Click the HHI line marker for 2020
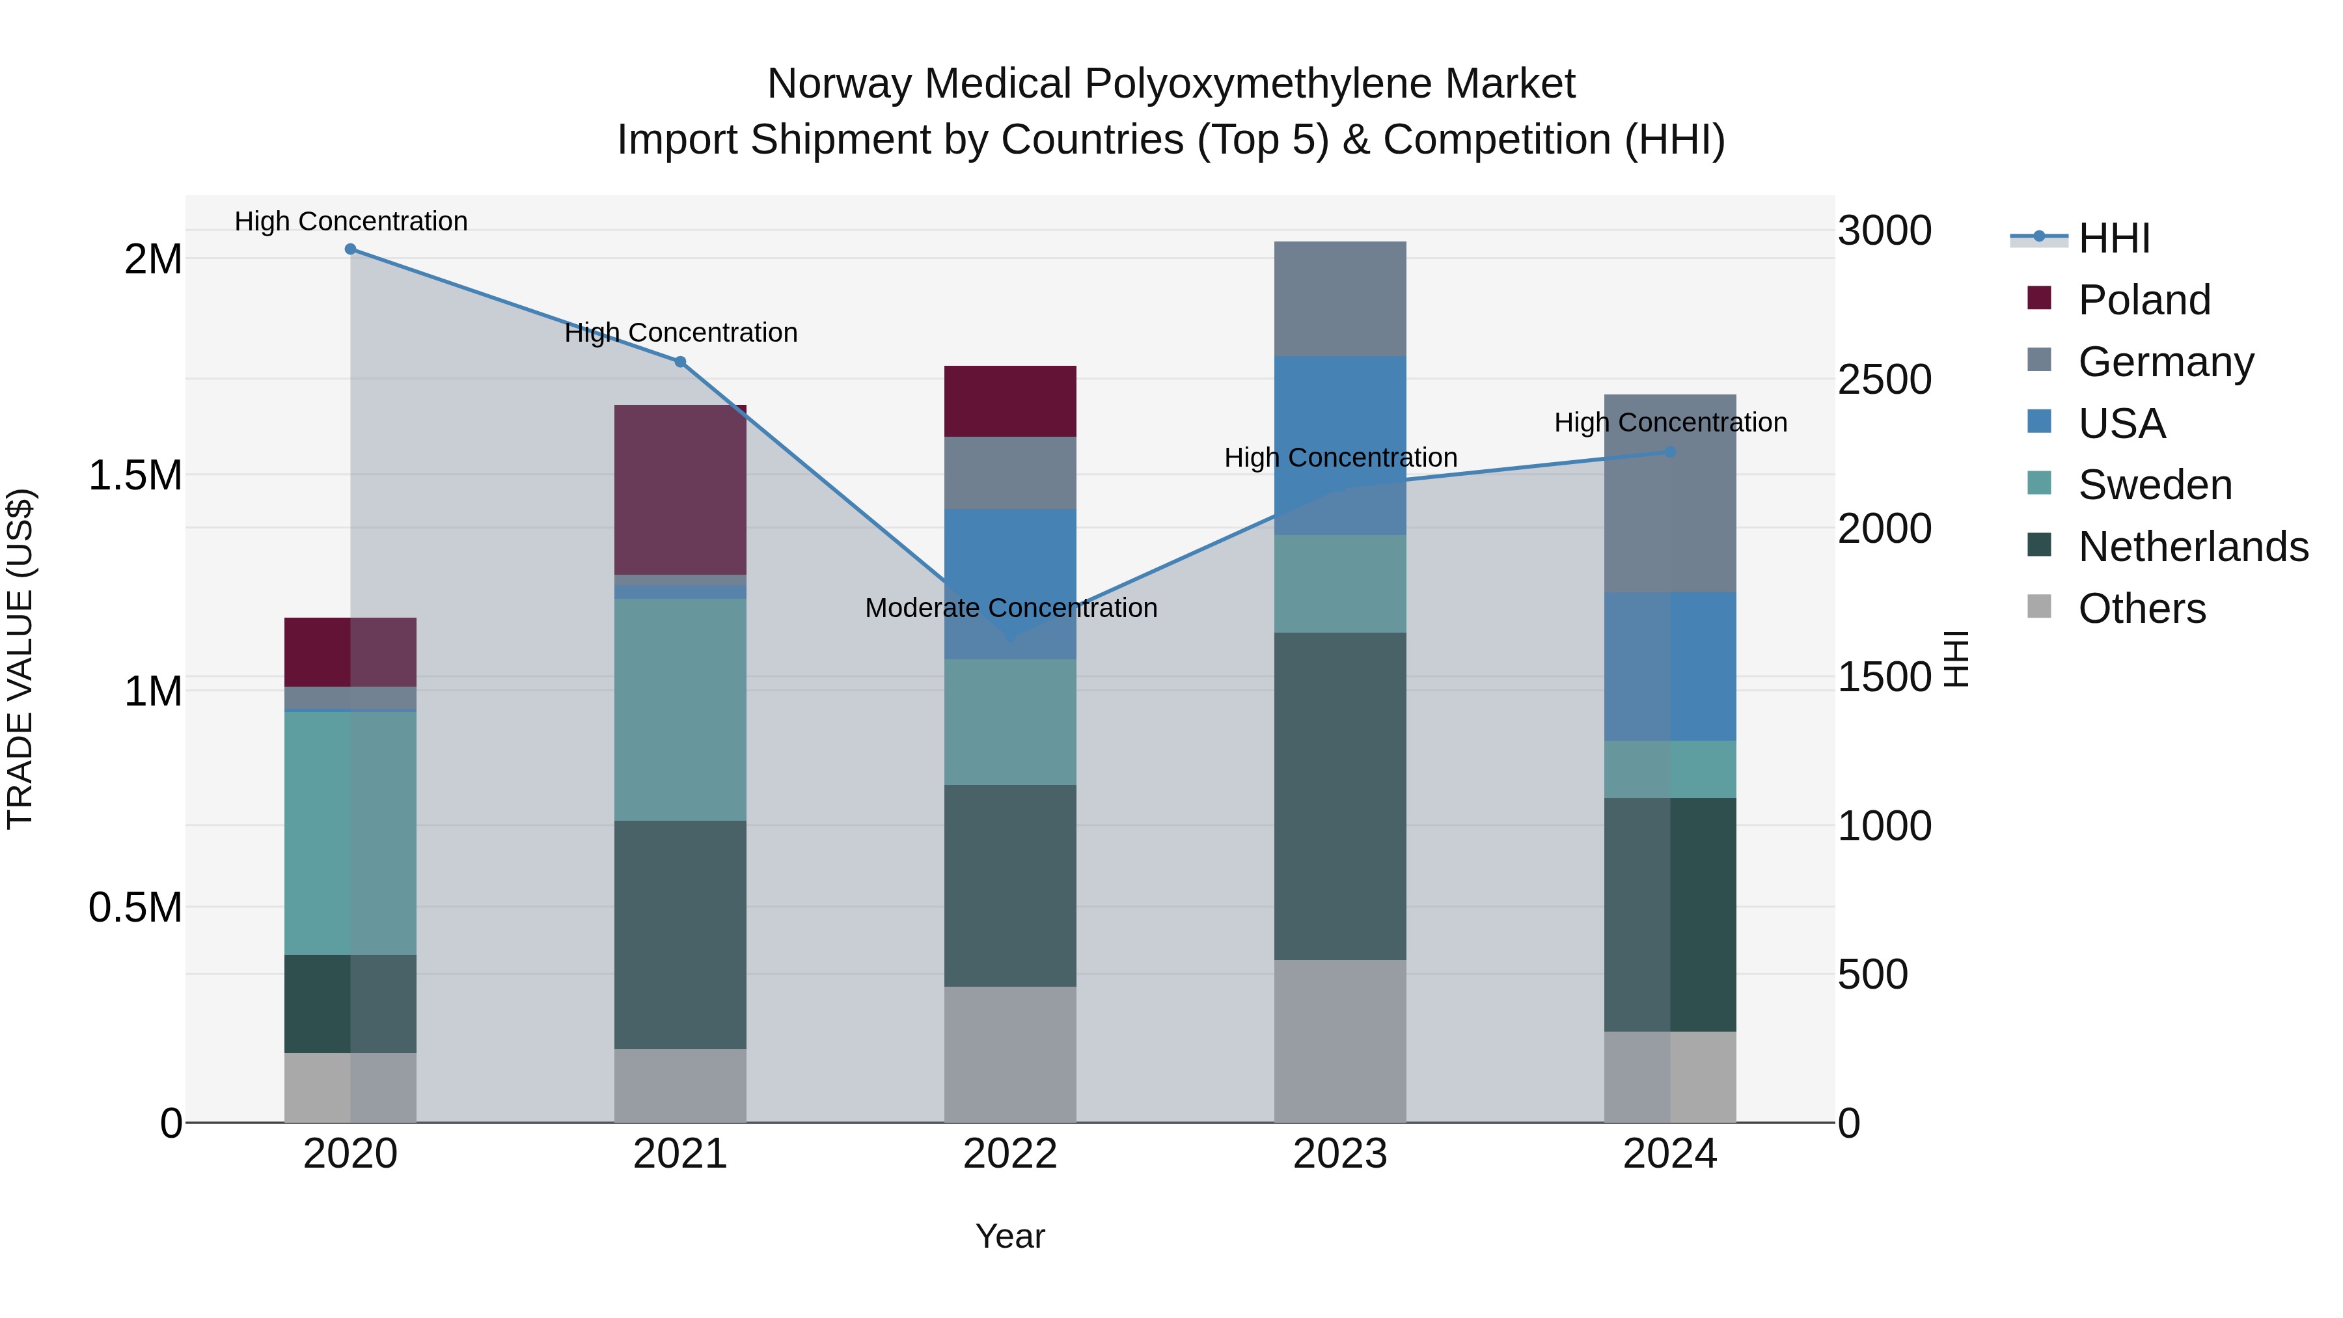(350, 249)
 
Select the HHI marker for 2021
(680, 362)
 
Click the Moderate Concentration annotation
(1011, 608)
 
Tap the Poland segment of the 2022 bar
(1009, 401)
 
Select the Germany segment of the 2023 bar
(1340, 298)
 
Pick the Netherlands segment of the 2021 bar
(680, 934)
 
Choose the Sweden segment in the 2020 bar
(350, 832)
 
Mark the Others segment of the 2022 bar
(1009, 1054)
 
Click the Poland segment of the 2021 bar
(680, 489)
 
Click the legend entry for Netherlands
(2193, 547)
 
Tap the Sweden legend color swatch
(2039, 484)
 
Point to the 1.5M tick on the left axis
(135, 475)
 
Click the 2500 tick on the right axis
(1884, 379)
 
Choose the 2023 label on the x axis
(1340, 1154)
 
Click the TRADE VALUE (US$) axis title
(20, 659)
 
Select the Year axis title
(1009, 1236)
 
